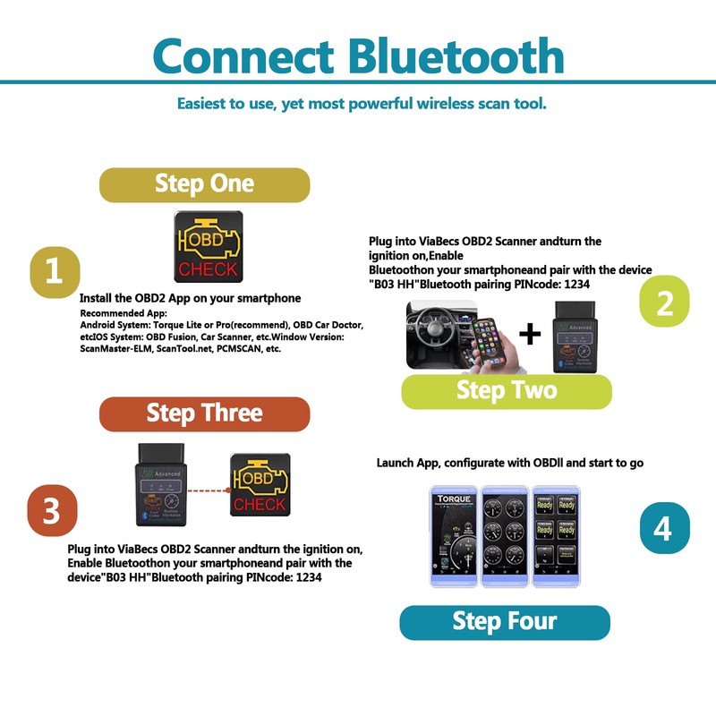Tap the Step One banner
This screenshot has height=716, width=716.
tap(204, 184)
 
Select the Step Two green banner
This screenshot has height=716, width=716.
tap(507, 391)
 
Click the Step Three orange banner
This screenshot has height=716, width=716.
tap(204, 413)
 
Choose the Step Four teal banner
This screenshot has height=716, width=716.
tap(504, 622)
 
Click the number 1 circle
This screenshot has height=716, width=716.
tap(55, 271)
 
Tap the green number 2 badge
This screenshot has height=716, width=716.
tap(664, 303)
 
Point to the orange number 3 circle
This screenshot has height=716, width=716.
tap(52, 511)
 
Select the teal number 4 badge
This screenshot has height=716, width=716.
tap(664, 528)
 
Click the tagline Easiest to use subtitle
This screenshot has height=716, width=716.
tap(362, 104)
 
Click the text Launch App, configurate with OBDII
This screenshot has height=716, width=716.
tap(509, 463)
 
